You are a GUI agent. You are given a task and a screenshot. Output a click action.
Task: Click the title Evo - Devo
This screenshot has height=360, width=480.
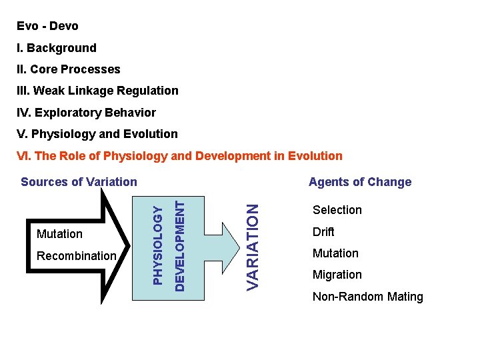click(x=47, y=27)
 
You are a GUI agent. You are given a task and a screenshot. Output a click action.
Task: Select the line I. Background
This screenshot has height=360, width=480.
click(x=57, y=48)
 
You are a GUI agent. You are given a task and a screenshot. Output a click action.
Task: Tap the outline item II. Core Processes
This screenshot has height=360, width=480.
click(x=69, y=69)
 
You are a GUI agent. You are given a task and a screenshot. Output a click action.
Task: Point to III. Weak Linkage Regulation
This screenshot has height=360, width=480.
click(x=97, y=91)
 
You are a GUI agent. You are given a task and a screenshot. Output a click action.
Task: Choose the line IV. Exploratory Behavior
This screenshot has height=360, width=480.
click(x=86, y=113)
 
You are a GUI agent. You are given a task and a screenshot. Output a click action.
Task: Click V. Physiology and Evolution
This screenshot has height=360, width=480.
click(x=97, y=134)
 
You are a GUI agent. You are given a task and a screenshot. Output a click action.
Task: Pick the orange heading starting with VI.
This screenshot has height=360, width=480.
click(x=179, y=156)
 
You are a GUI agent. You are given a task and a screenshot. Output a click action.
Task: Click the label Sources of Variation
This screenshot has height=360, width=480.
click(x=79, y=181)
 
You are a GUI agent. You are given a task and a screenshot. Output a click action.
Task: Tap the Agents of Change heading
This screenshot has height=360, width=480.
click(x=360, y=182)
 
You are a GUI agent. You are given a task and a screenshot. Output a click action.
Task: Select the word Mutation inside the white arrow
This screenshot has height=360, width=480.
click(x=60, y=234)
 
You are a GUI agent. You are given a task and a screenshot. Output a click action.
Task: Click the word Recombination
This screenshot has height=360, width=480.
click(x=77, y=256)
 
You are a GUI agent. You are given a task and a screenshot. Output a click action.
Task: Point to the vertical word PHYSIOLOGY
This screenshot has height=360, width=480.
click(x=157, y=245)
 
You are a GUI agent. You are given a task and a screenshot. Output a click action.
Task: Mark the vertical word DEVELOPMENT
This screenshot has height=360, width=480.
click(x=179, y=241)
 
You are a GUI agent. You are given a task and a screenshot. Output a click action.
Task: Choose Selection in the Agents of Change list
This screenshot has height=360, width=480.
click(x=337, y=210)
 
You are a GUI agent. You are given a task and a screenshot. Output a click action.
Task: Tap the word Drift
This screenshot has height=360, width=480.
click(x=323, y=232)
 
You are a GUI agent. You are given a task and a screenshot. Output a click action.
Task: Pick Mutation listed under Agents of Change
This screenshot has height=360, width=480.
click(x=335, y=253)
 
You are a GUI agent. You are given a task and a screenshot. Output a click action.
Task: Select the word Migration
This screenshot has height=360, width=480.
click(x=337, y=275)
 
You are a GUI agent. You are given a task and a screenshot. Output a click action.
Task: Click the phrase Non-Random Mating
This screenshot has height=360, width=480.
click(x=368, y=297)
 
